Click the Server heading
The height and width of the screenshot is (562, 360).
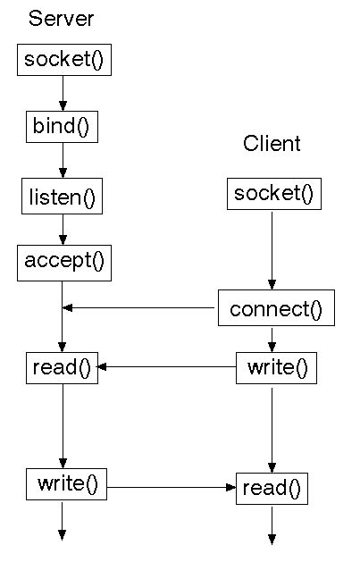pos(61,19)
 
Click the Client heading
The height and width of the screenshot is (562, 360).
pos(272,144)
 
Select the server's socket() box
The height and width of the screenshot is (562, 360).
pos(64,61)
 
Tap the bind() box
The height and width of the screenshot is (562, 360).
pos(62,128)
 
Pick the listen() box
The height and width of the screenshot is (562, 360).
pos(63,197)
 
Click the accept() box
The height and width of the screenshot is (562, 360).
pos(64,262)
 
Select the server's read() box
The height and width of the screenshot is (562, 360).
pos(62,368)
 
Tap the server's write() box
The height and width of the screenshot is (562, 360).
pos(66,483)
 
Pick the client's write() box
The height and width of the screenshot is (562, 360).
pos(276,368)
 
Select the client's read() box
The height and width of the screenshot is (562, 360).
pos(272,489)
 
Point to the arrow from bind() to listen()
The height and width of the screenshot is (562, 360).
pos(63,161)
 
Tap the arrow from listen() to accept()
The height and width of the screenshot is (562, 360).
pos(63,230)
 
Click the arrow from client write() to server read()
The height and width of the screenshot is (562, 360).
pos(166,366)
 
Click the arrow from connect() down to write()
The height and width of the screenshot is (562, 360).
pos(272,339)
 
